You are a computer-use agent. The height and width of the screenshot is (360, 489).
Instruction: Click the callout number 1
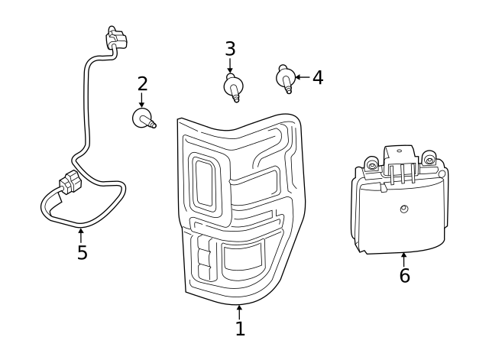(x=240, y=329)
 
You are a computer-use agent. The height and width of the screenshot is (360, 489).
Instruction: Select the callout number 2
(x=141, y=83)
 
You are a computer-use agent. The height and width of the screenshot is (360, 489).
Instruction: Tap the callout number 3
(x=230, y=49)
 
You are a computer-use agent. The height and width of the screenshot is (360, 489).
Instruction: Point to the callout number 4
(x=317, y=77)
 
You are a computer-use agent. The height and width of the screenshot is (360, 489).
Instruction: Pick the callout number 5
(x=82, y=252)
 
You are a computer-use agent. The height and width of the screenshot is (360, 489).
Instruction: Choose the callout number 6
(x=404, y=276)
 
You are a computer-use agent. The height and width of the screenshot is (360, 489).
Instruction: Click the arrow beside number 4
(x=301, y=77)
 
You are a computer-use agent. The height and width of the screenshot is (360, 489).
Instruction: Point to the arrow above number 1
(x=240, y=311)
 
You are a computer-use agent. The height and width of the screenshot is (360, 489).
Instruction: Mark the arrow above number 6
(x=404, y=259)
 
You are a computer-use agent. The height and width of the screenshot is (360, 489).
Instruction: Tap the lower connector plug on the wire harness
(x=70, y=184)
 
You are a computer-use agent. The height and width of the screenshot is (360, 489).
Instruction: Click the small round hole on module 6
(x=404, y=209)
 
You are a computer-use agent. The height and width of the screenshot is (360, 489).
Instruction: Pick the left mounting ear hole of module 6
(x=371, y=164)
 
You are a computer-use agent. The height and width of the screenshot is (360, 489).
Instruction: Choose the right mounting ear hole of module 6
(x=429, y=160)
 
